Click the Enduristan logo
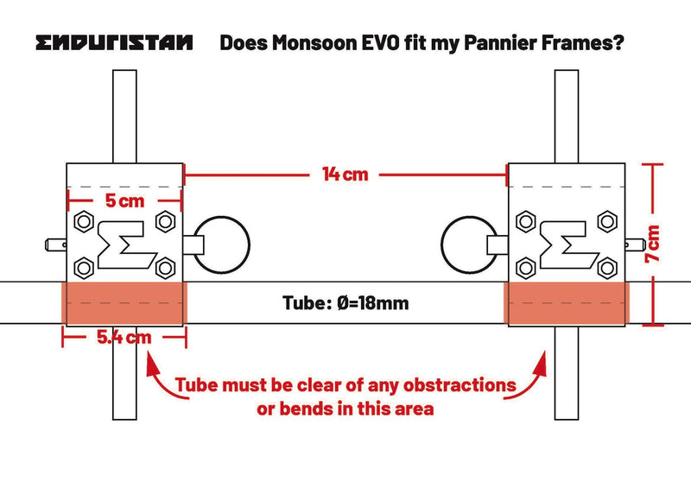[114, 43]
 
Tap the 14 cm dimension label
[345, 175]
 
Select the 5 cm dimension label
[124, 200]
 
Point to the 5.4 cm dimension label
[124, 337]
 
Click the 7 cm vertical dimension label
[653, 244]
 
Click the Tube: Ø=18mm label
[345, 303]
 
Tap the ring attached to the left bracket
[222, 244]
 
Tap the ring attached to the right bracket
[469, 244]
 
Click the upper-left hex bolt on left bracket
[84, 221]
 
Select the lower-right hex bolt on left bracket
[166, 268]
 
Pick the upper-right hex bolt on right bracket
[607, 221]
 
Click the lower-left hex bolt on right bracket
[525, 268]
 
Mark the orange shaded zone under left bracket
[124, 303]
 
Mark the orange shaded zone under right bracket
[567, 303]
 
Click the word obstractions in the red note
[460, 385]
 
